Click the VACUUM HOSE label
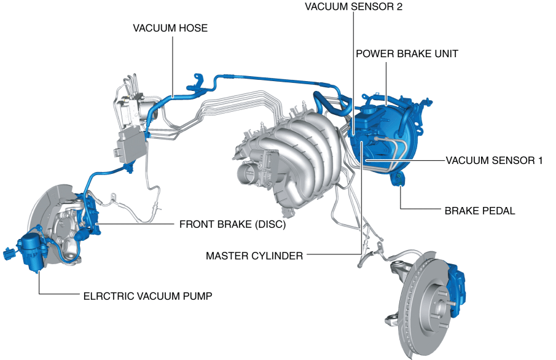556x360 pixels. pos(170,28)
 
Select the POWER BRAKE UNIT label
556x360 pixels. pos(407,54)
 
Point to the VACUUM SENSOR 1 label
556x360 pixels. pos(495,160)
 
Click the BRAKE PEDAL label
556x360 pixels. pos(479,211)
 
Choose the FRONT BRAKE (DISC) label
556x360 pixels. pos(233,224)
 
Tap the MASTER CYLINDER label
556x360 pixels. pos(254,256)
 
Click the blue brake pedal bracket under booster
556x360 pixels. pos(398,179)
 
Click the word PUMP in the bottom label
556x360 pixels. pos(198,295)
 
